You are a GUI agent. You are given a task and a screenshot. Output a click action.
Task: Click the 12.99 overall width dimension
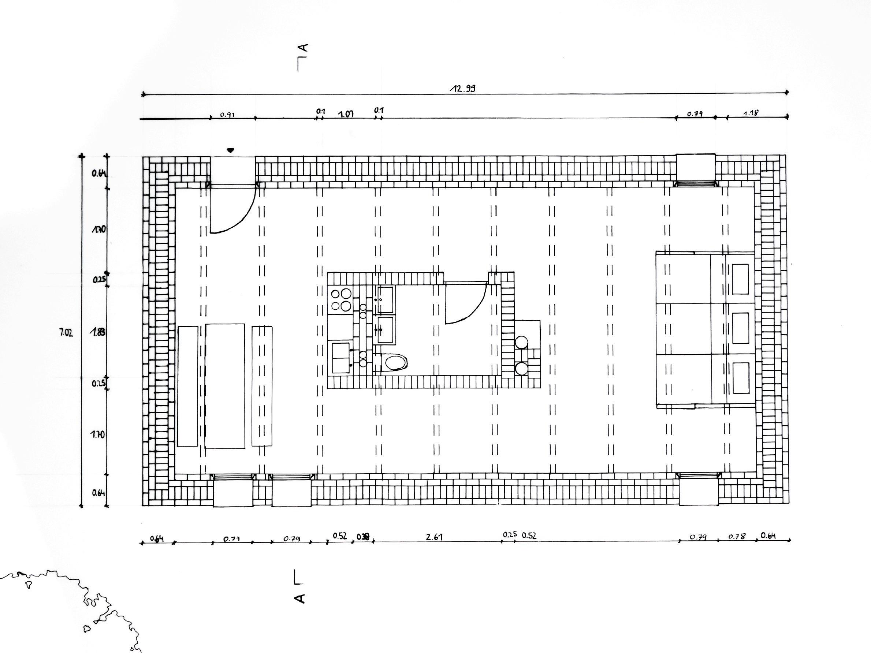coord(462,89)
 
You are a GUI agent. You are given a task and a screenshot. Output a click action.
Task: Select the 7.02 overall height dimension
coord(66,333)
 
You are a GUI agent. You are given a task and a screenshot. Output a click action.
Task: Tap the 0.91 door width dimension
coord(228,115)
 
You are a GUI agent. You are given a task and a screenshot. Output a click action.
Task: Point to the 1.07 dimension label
coord(346,114)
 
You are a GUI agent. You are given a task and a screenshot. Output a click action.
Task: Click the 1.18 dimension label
coord(751,113)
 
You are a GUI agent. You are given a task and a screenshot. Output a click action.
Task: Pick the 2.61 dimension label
coord(435,537)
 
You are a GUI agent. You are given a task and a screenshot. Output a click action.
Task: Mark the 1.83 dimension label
coord(98,332)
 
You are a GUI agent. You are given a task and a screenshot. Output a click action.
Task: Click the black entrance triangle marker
coord(230,150)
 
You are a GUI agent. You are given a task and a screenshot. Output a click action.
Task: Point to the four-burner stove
coord(340,300)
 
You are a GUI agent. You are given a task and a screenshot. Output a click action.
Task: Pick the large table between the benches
coord(225,386)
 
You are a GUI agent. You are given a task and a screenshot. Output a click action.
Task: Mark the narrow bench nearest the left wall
coord(187,386)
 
